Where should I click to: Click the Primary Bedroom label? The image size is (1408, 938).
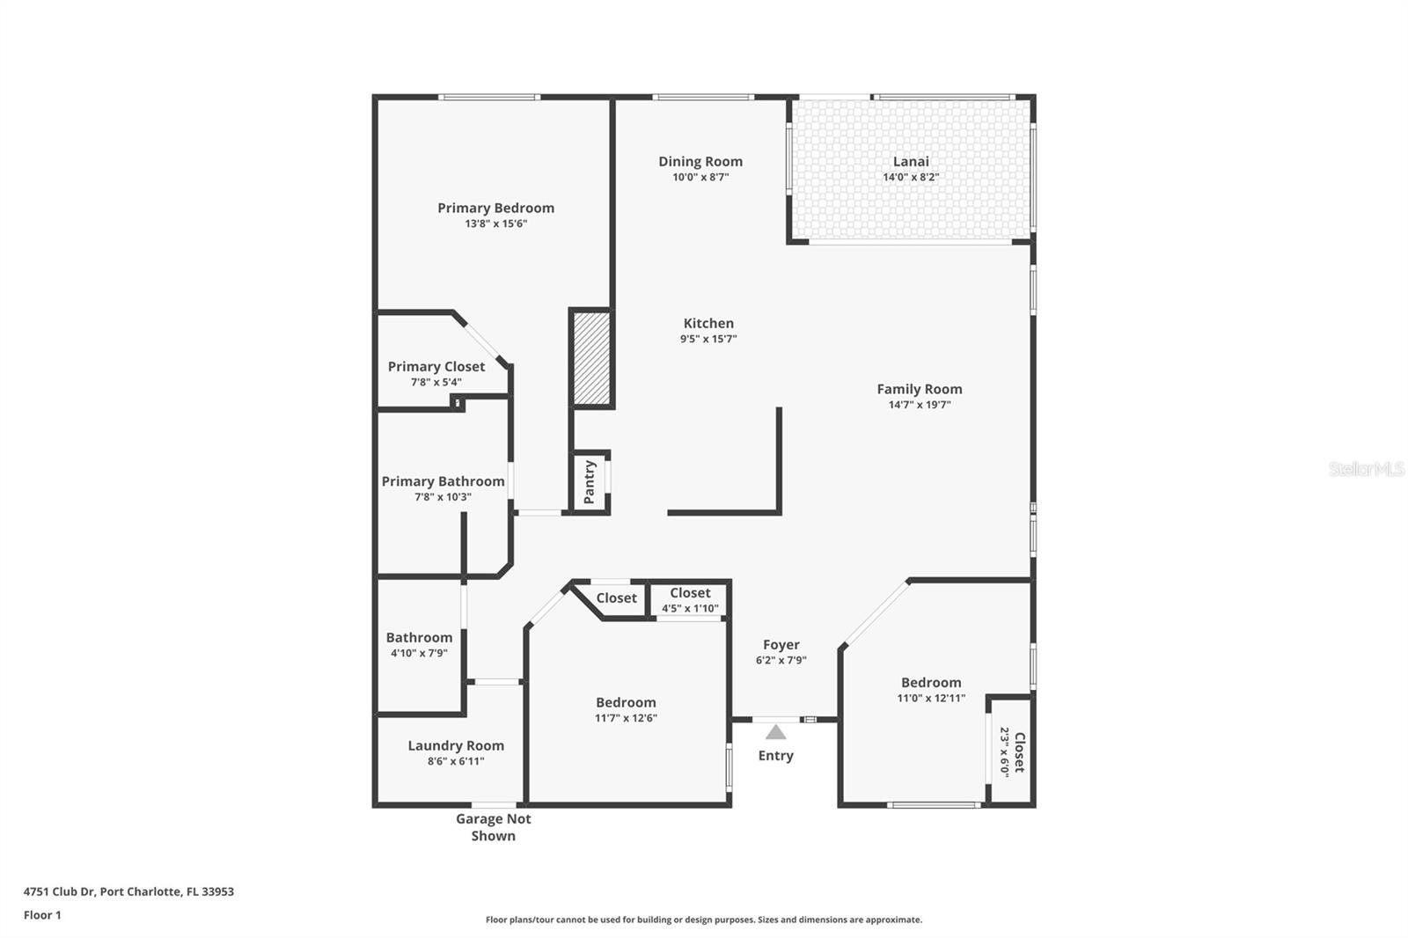click(495, 208)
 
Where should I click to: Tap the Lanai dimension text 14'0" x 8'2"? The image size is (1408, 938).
click(911, 177)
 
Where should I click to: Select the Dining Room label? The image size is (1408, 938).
click(700, 161)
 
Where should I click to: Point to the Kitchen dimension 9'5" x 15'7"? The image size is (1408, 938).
click(708, 339)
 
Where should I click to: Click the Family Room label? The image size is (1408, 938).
click(919, 389)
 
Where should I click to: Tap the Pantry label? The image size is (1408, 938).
click(590, 481)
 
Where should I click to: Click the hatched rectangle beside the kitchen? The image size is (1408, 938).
click(591, 358)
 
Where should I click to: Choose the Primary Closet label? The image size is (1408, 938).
click(436, 366)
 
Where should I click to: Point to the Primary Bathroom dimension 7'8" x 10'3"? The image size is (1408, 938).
click(443, 497)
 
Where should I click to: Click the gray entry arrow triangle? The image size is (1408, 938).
click(775, 732)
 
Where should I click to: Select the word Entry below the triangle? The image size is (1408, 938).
click(775, 756)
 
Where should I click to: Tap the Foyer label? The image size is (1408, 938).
click(781, 645)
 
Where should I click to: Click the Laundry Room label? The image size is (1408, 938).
click(456, 745)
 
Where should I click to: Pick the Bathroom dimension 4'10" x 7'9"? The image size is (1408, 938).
click(419, 653)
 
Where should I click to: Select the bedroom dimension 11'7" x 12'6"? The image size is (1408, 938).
click(626, 718)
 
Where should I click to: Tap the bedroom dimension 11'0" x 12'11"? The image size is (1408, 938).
click(931, 699)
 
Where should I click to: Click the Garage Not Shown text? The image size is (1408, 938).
click(493, 827)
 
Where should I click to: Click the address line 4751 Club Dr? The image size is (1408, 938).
click(128, 891)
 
